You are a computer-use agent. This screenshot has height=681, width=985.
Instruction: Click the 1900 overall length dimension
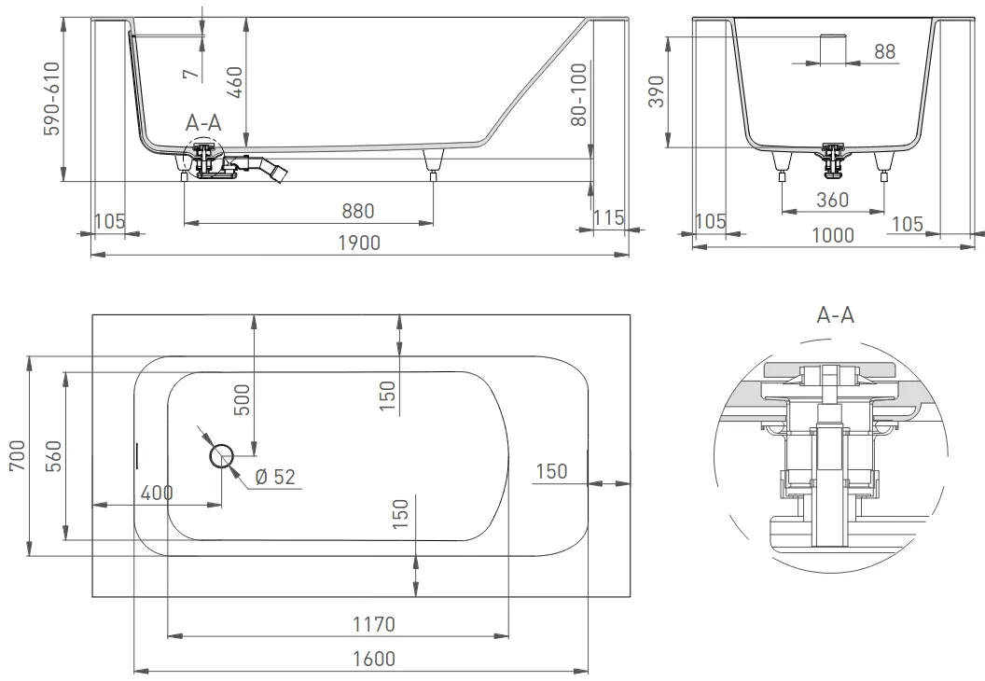click(359, 243)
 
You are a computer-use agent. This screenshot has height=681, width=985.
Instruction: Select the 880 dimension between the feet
click(358, 211)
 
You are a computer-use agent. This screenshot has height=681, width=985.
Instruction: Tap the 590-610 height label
click(52, 98)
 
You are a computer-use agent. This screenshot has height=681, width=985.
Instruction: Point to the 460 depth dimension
click(234, 82)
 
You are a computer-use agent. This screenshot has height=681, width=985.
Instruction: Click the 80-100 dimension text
click(578, 94)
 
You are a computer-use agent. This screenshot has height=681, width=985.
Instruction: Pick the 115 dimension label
click(609, 217)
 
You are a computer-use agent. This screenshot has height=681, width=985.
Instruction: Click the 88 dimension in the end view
click(885, 51)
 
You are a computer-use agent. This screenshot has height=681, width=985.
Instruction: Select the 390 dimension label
click(657, 91)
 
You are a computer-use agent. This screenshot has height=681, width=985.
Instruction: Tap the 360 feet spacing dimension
click(832, 200)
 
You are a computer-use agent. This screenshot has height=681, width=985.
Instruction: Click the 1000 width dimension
click(833, 236)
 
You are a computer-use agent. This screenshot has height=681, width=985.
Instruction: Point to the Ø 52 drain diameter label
click(275, 477)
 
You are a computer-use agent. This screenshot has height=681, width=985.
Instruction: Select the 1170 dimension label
click(374, 624)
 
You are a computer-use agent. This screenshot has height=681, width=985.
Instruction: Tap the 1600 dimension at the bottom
click(374, 659)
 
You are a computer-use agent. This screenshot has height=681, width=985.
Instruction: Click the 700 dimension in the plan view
click(18, 455)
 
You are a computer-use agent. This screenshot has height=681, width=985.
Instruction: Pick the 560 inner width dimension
click(55, 456)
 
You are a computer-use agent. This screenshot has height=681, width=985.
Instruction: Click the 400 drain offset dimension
click(157, 493)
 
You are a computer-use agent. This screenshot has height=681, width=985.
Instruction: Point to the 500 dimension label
click(242, 399)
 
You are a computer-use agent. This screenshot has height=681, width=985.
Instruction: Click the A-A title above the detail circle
click(836, 314)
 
